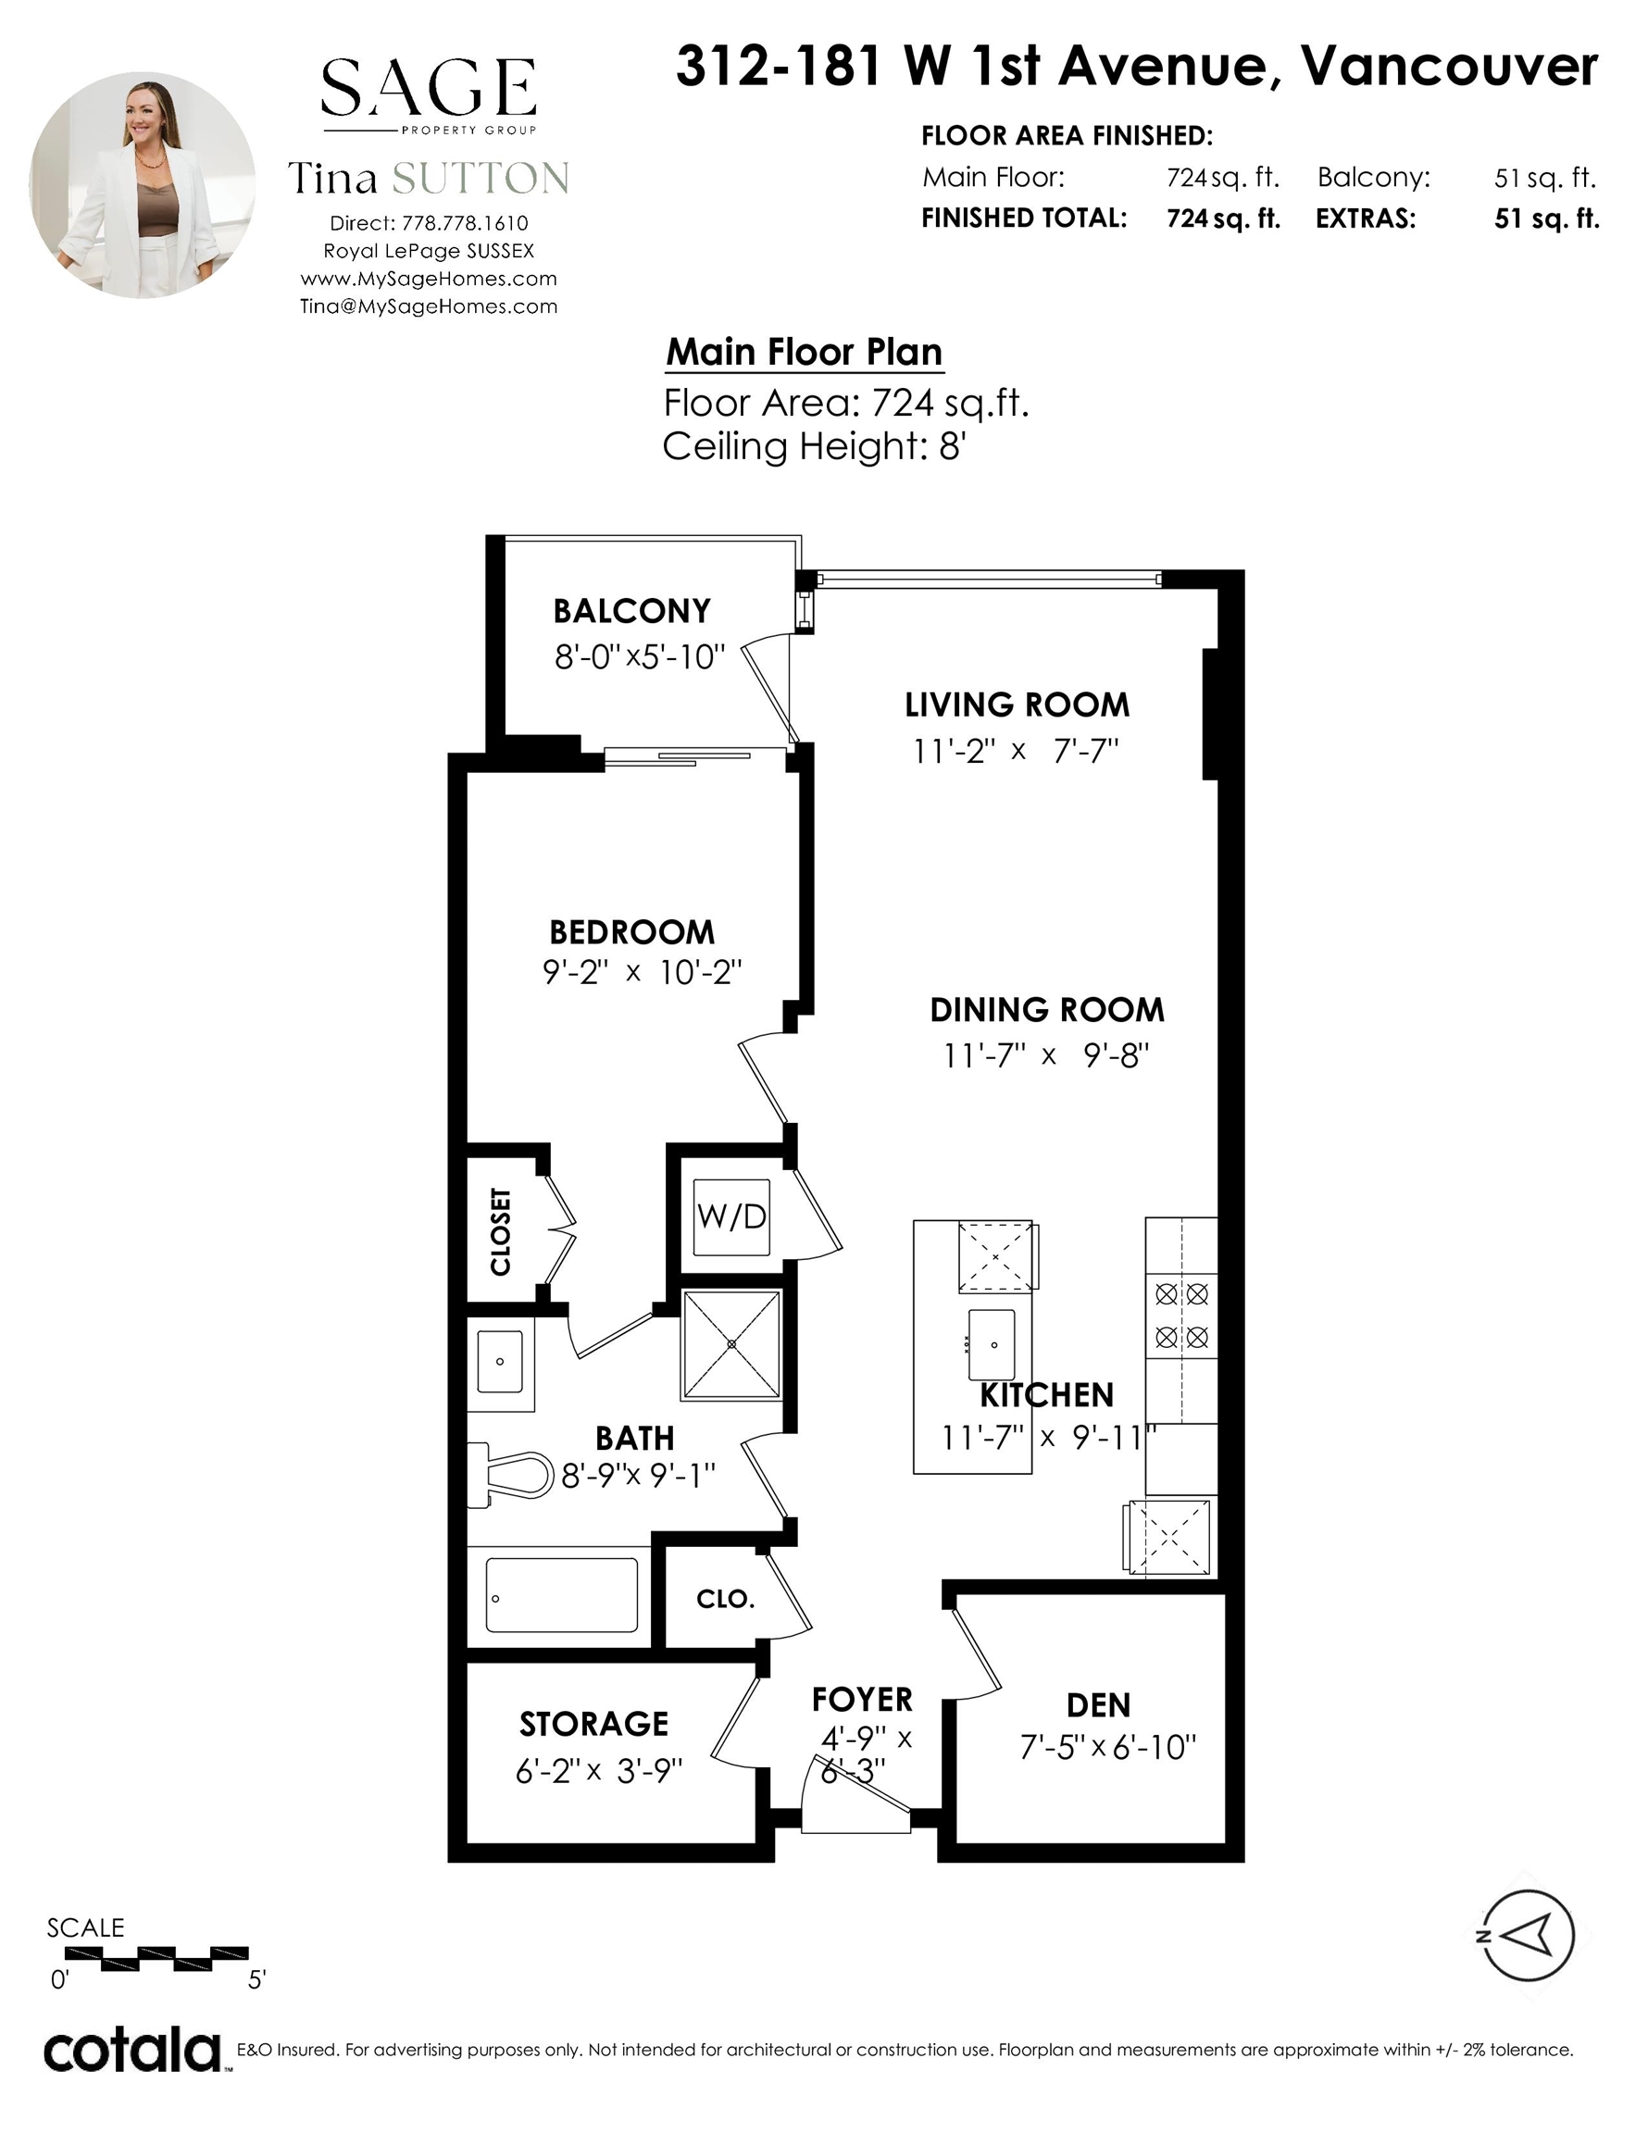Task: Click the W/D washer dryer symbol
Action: coord(731,1216)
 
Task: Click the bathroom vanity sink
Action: coord(500,1362)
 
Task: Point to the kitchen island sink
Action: coord(992,1345)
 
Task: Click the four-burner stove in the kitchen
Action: coord(1182,1315)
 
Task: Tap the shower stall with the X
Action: coord(731,1344)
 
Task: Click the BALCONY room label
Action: coord(632,611)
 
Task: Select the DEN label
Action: coord(1099,1705)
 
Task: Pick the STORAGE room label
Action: coord(594,1724)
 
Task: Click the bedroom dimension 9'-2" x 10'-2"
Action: coord(642,973)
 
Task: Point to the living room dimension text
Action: coord(1016,751)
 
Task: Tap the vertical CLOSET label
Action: coord(500,1231)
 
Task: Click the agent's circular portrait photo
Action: coord(143,184)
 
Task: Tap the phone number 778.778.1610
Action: coord(465,224)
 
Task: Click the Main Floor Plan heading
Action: coord(804,352)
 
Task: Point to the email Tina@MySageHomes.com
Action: coord(429,306)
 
